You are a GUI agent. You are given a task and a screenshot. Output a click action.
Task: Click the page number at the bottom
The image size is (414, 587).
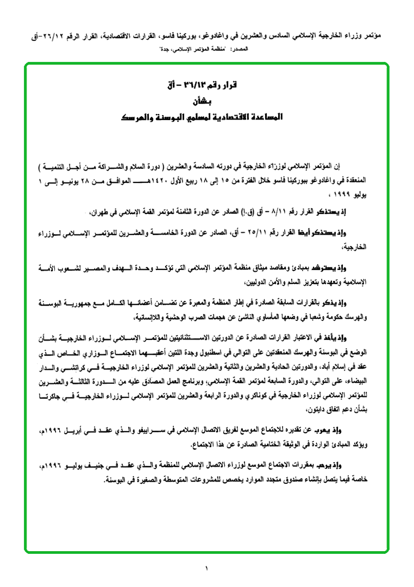coord(207,568)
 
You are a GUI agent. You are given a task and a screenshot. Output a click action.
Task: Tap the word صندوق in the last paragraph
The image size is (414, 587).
coord(254,480)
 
